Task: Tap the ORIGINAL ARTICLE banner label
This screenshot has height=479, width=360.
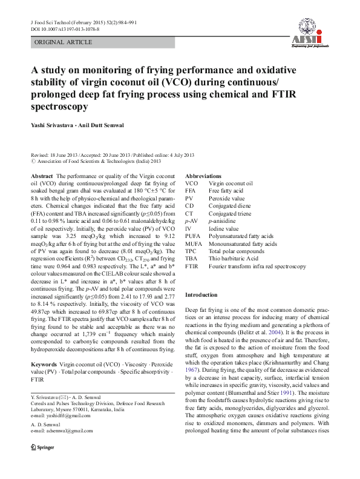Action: tap(64, 42)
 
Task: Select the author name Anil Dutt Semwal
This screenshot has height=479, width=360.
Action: tap(114, 125)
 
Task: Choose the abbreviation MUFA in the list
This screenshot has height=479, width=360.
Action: tap(194, 242)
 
